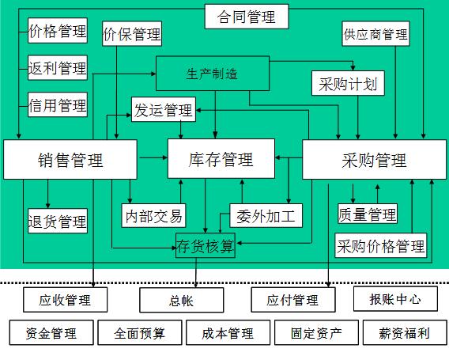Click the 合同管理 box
(247, 17)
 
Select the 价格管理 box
(58, 31)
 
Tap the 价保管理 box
(132, 33)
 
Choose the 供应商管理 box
(375, 33)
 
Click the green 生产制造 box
(213, 74)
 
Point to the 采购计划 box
(348, 83)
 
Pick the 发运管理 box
(164, 109)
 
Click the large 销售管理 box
(70, 159)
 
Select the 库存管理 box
(221, 159)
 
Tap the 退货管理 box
(58, 221)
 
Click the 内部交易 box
(153, 215)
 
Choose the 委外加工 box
(266, 215)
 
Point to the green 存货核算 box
(206, 245)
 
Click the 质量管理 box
(368, 214)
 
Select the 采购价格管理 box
(380, 245)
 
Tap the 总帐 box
(182, 300)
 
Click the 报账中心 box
(395, 298)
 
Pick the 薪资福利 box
(405, 332)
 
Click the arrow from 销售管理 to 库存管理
(153, 157)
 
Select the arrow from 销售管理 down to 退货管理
(47, 194)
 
